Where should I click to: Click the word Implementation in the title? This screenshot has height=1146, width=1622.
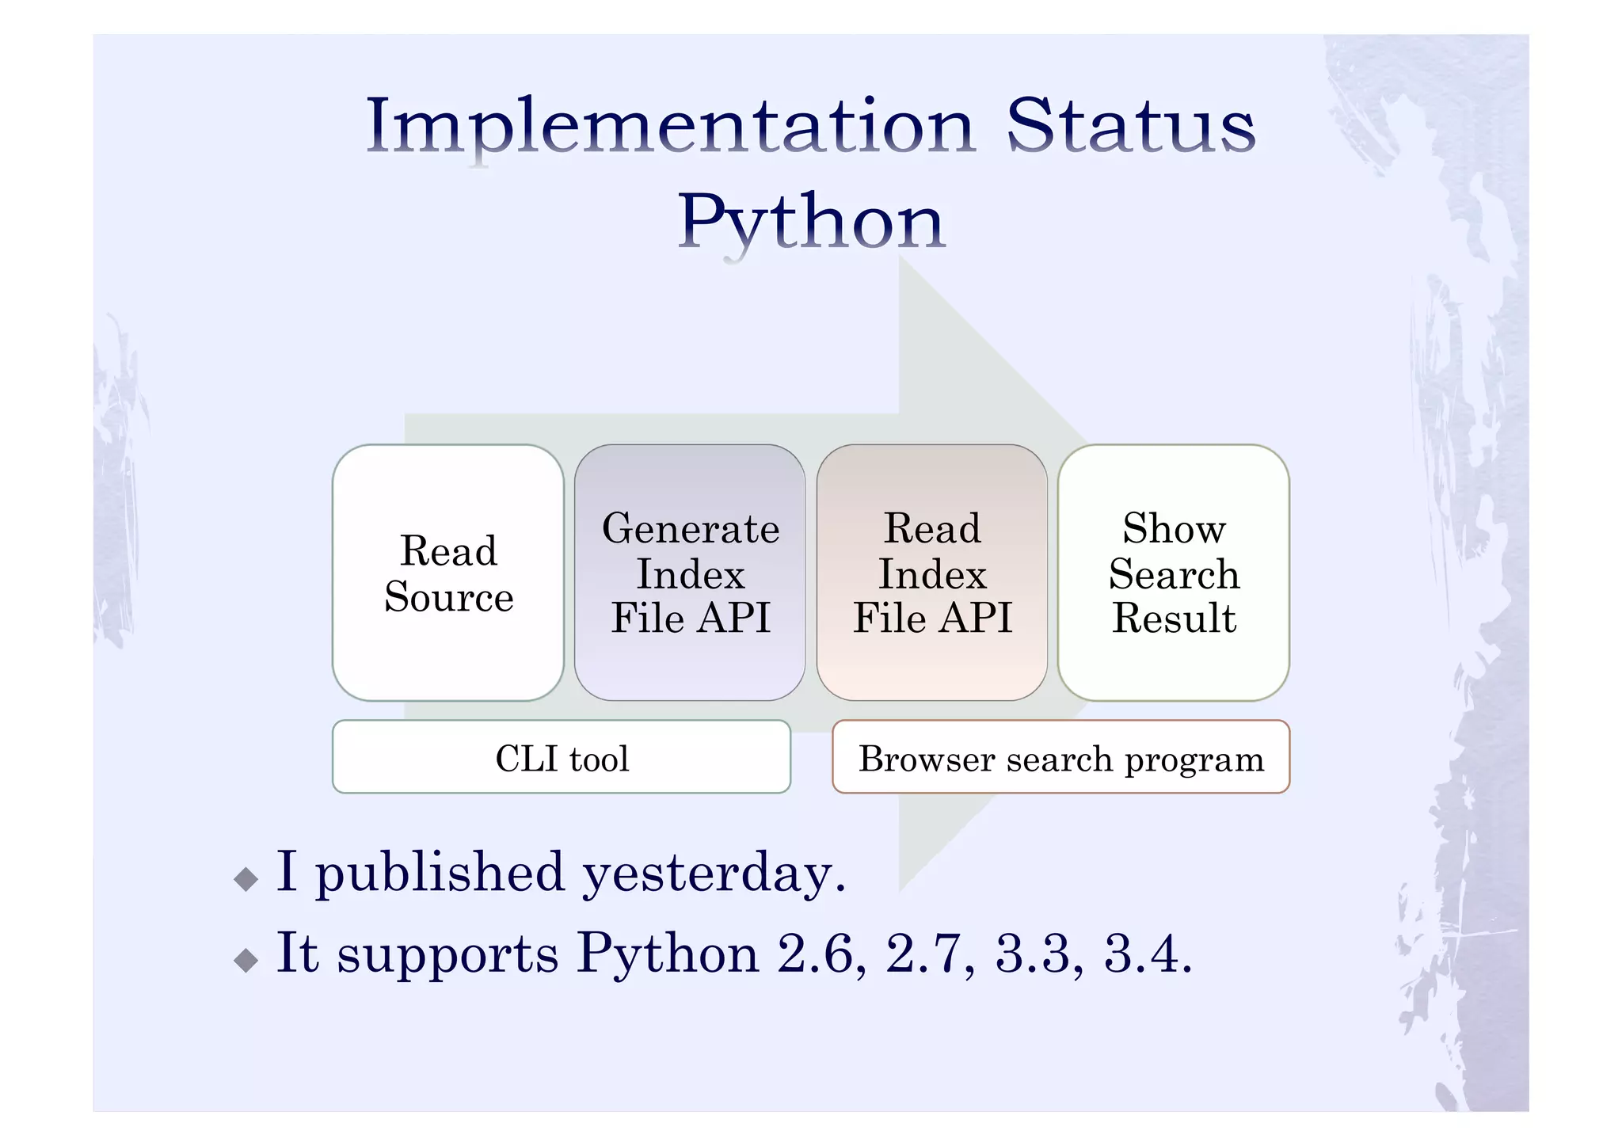669,127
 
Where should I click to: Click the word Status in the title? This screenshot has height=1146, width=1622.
1130,127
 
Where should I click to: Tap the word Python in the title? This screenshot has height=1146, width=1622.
811,223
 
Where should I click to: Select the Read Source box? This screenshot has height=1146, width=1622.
448,573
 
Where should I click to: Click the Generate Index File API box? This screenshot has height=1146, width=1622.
690,573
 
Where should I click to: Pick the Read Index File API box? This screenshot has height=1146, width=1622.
932,573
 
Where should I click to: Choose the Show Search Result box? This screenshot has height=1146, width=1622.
1174,573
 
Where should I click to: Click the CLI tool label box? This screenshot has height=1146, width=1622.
562,757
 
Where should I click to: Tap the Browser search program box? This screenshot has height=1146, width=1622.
1060,757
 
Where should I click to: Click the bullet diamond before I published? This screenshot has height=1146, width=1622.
246,878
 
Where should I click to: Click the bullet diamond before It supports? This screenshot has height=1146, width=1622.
246,960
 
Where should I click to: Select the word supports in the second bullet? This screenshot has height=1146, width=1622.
448,955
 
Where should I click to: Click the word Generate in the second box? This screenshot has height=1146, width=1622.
690,529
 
